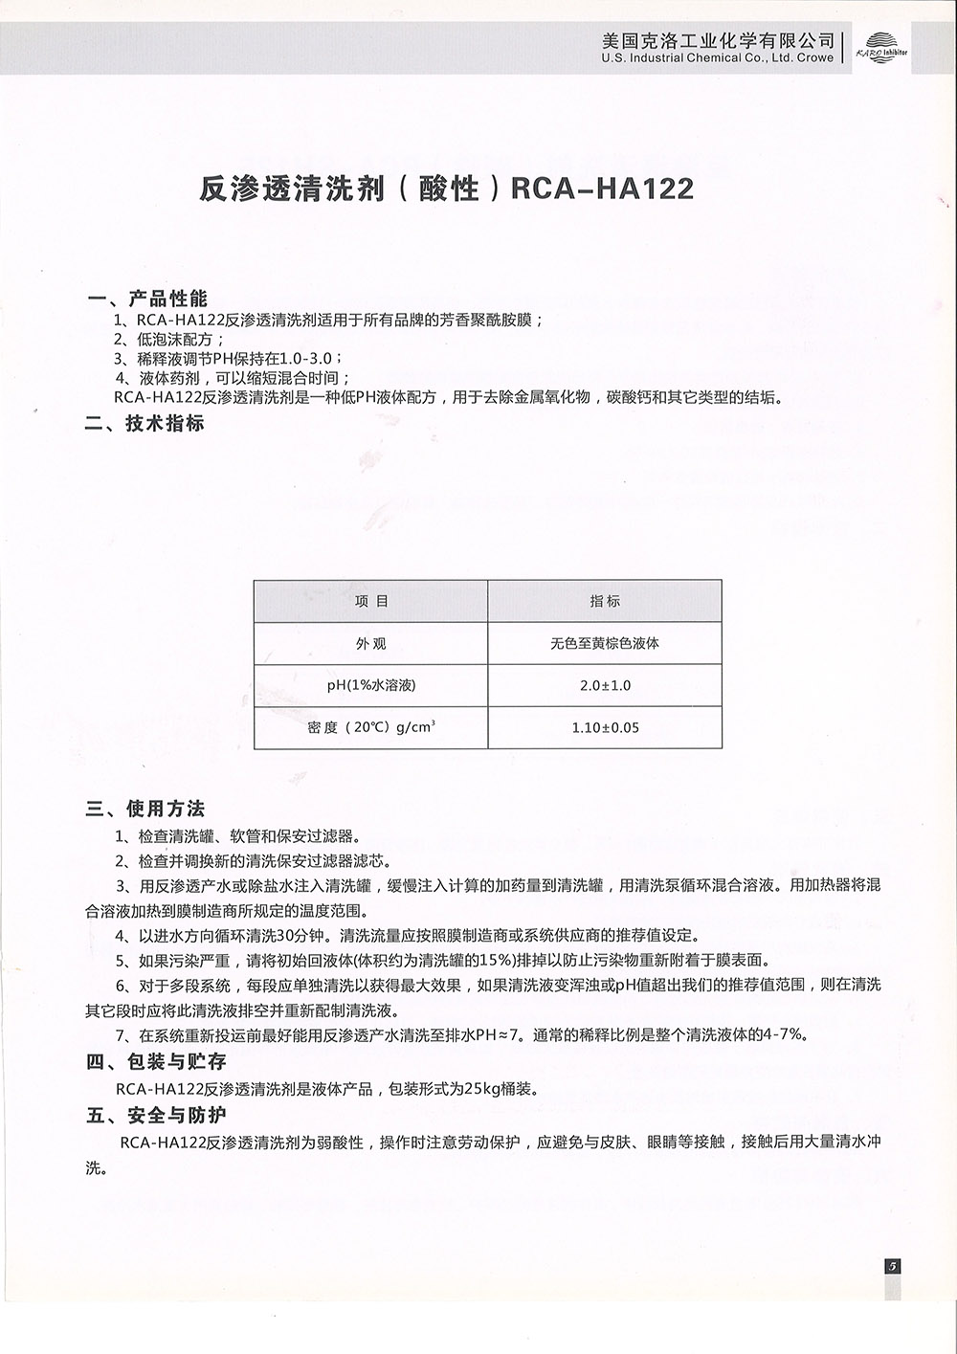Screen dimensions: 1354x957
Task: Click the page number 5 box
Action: pos(892,1265)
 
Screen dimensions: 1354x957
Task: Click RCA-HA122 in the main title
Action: pos(602,189)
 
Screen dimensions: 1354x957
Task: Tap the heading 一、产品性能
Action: pos(146,299)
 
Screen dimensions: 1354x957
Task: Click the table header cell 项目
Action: pos(371,601)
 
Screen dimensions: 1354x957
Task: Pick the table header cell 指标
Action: pos(605,601)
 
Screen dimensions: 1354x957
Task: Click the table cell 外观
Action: pos(371,643)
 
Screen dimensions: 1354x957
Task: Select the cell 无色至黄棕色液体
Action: pos(605,643)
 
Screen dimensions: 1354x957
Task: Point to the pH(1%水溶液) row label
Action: pos(371,685)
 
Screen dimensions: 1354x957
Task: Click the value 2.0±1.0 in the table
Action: pos(605,685)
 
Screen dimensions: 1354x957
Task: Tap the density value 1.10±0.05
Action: pos(605,727)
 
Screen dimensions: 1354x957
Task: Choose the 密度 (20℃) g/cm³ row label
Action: pos(371,727)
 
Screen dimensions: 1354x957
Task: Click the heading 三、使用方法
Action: pos(145,810)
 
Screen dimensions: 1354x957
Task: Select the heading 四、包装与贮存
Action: pos(156,1061)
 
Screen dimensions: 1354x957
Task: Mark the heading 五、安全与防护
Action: pos(156,1115)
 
